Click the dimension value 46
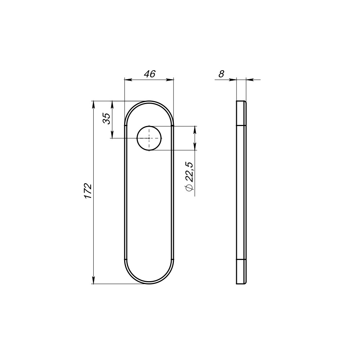(x=149, y=74)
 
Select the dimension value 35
(x=107, y=118)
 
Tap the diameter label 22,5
(x=190, y=172)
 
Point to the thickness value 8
(x=221, y=74)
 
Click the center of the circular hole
(x=149, y=138)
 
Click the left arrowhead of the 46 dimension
(x=127, y=80)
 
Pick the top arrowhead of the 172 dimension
(x=94, y=104)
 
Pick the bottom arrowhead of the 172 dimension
(x=94, y=280)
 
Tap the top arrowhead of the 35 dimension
(x=112, y=104)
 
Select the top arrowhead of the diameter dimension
(x=195, y=129)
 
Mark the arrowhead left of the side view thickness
(x=233, y=80)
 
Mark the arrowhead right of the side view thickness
(x=249, y=80)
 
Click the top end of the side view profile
(x=241, y=102)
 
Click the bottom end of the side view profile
(x=241, y=283)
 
